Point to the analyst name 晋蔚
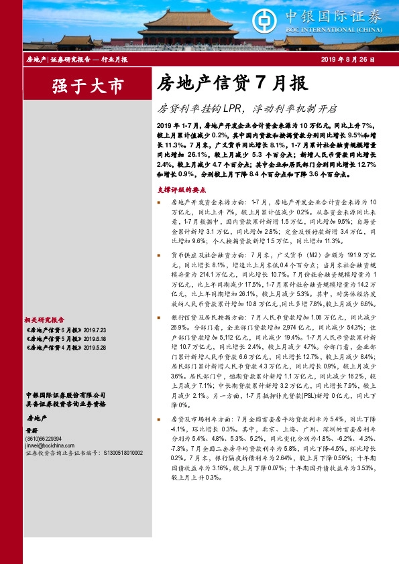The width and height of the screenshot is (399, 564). point(31,430)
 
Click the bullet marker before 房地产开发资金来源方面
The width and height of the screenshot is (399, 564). point(159,202)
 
